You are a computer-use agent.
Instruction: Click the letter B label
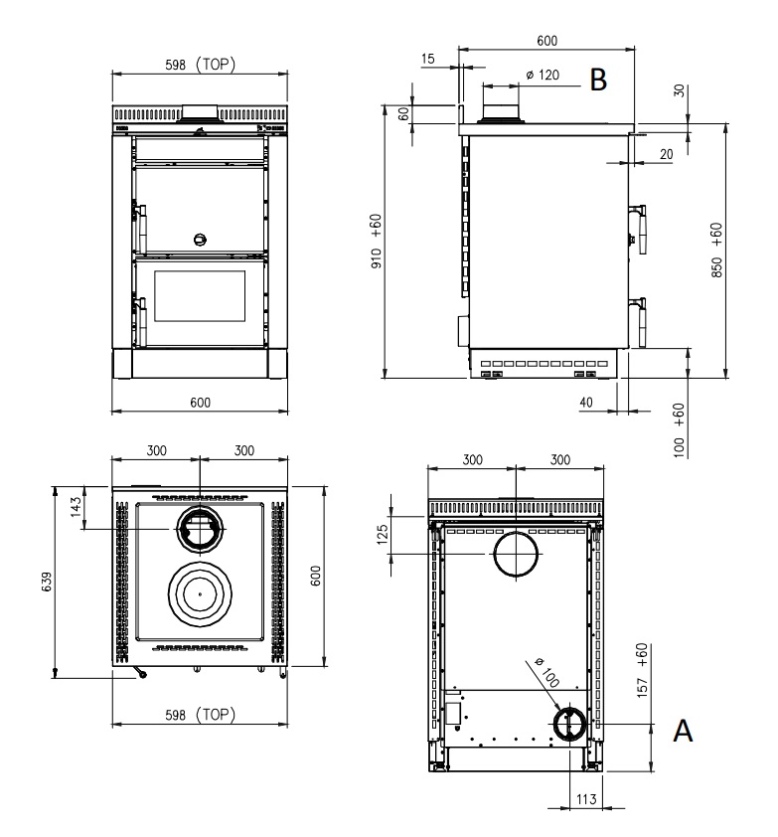click(x=598, y=80)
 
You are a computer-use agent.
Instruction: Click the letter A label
click(x=683, y=731)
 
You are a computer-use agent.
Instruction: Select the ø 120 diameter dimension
click(x=543, y=75)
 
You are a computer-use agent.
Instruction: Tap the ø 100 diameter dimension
click(x=546, y=673)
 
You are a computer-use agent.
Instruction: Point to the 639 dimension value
click(x=47, y=582)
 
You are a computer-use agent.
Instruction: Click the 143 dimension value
click(x=76, y=507)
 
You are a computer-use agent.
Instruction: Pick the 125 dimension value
click(x=383, y=535)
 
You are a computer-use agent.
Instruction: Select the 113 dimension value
click(x=586, y=799)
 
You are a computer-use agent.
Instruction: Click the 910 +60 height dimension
click(x=377, y=242)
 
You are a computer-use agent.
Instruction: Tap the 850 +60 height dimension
click(x=716, y=250)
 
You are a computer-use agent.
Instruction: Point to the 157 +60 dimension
click(x=643, y=670)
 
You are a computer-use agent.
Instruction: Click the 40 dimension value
click(x=586, y=402)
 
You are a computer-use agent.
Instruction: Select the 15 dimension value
click(x=428, y=59)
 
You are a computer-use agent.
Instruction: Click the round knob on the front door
click(x=200, y=240)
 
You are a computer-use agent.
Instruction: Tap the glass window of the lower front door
click(x=200, y=296)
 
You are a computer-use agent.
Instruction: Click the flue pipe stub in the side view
click(x=501, y=104)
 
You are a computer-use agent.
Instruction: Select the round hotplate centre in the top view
click(x=200, y=594)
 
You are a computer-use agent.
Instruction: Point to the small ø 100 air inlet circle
click(x=569, y=724)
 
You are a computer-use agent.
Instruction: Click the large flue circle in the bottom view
click(x=516, y=554)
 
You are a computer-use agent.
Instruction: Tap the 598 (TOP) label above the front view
click(x=200, y=65)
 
